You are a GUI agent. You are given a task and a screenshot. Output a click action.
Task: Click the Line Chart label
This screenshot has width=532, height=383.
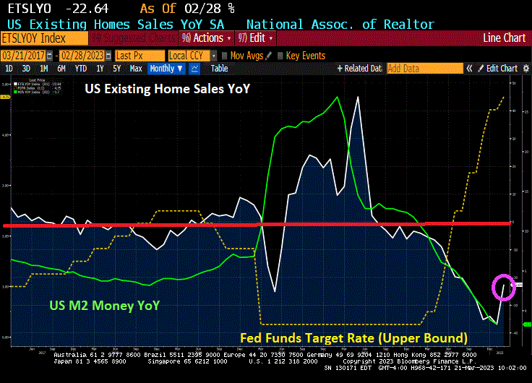pyautogui.click(x=505, y=38)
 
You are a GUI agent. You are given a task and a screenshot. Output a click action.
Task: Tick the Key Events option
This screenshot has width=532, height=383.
pyautogui.click(x=301, y=55)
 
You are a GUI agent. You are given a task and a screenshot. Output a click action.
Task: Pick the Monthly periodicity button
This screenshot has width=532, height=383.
pyautogui.click(x=166, y=69)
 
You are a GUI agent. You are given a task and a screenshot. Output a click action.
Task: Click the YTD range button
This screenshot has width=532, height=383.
pyautogui.click(x=81, y=69)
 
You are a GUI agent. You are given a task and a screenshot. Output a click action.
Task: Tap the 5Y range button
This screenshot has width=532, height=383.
pyautogui.click(x=116, y=69)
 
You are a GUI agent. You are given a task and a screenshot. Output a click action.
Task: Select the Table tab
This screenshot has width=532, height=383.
pyautogui.click(x=219, y=69)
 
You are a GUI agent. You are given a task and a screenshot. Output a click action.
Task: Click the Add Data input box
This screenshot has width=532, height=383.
pyautogui.click(x=424, y=69)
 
